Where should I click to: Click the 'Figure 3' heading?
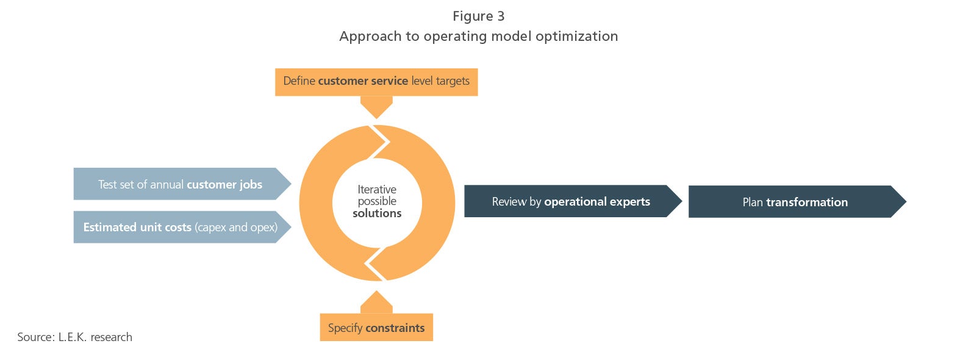pos(478,16)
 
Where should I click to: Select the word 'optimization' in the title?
pos(576,37)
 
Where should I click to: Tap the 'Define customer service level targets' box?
pos(376,82)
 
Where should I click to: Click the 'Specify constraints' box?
pos(376,327)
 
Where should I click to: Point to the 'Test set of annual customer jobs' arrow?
pos(182,184)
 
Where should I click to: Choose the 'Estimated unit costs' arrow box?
pos(182,227)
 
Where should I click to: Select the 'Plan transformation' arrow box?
pos(798,202)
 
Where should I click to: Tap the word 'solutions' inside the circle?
pos(377,214)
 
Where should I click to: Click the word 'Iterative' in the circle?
pos(377,190)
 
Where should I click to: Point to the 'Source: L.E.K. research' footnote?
pos(75,337)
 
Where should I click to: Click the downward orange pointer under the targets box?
pos(376,107)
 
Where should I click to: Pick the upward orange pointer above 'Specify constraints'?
pos(376,302)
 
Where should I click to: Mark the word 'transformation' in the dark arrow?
pos(807,202)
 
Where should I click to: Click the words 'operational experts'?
pos(597,202)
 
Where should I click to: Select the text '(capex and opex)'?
pos(236,228)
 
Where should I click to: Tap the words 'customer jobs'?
pos(224,185)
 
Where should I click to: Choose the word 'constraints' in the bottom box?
pos(395,328)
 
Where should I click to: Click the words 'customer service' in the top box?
pos(363,81)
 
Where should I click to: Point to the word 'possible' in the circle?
pos(377,201)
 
